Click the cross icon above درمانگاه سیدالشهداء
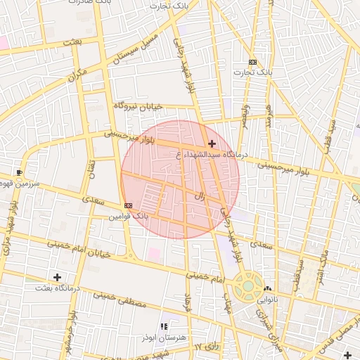[x=212, y=143]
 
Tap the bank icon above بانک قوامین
[x=127, y=205]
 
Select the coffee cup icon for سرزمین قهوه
[x=19, y=172]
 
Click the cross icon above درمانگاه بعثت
[x=57, y=278]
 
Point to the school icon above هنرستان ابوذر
[x=164, y=327]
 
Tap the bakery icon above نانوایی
[x=266, y=289]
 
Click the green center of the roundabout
[x=247, y=285]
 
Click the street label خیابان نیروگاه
[x=139, y=106]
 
